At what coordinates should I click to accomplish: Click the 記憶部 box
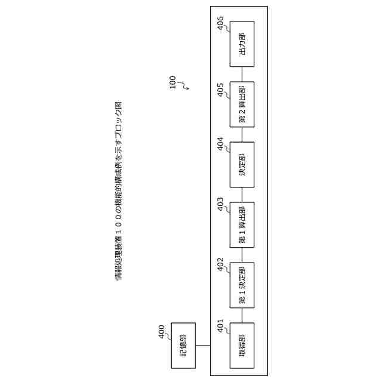pos(183,345)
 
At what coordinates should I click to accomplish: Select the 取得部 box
pos(242,345)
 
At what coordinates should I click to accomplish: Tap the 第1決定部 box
pos(242,285)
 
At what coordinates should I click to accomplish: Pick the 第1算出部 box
pos(242,224)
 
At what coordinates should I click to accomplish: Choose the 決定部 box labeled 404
pos(242,164)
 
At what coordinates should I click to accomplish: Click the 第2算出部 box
pos(242,104)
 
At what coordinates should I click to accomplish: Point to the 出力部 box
pos(242,44)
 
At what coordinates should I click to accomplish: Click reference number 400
pos(162,332)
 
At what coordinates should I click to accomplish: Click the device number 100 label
pos(172,82)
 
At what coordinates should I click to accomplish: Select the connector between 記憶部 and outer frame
pos(202,345)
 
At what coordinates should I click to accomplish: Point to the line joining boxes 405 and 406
pos(242,74)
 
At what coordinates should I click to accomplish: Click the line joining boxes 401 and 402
pos(242,315)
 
